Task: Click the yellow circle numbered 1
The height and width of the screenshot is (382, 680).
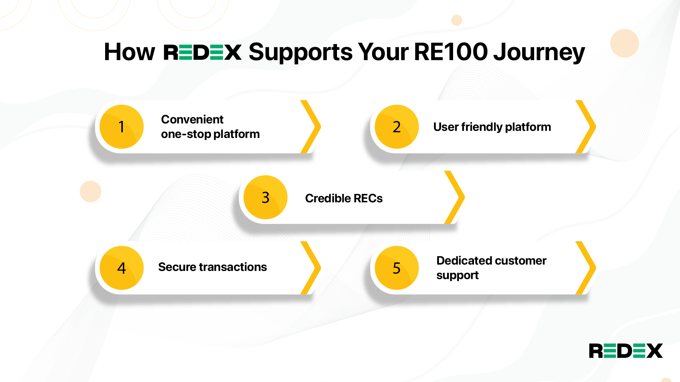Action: (121, 127)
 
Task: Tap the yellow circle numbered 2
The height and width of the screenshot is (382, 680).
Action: (396, 127)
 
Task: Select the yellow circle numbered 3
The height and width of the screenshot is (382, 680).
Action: (265, 197)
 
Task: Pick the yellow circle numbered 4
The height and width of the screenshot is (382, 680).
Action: (121, 268)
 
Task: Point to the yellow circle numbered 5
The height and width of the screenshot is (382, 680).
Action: (396, 268)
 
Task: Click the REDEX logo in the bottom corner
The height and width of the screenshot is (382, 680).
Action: (625, 351)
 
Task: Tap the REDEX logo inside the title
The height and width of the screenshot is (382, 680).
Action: (202, 52)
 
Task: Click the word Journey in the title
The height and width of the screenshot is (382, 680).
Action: (539, 52)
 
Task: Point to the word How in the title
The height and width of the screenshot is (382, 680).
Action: (130, 52)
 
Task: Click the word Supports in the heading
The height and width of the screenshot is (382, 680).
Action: (301, 52)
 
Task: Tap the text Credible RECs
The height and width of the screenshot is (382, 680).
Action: (344, 198)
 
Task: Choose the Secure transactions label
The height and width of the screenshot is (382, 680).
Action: (212, 267)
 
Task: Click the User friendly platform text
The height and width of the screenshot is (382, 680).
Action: (492, 127)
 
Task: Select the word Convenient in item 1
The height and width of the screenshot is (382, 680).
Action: (192, 120)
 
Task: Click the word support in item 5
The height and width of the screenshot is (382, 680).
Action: (457, 276)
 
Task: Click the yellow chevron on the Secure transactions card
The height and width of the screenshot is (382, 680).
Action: (311, 268)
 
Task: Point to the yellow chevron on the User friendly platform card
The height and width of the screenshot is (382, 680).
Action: (586, 127)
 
